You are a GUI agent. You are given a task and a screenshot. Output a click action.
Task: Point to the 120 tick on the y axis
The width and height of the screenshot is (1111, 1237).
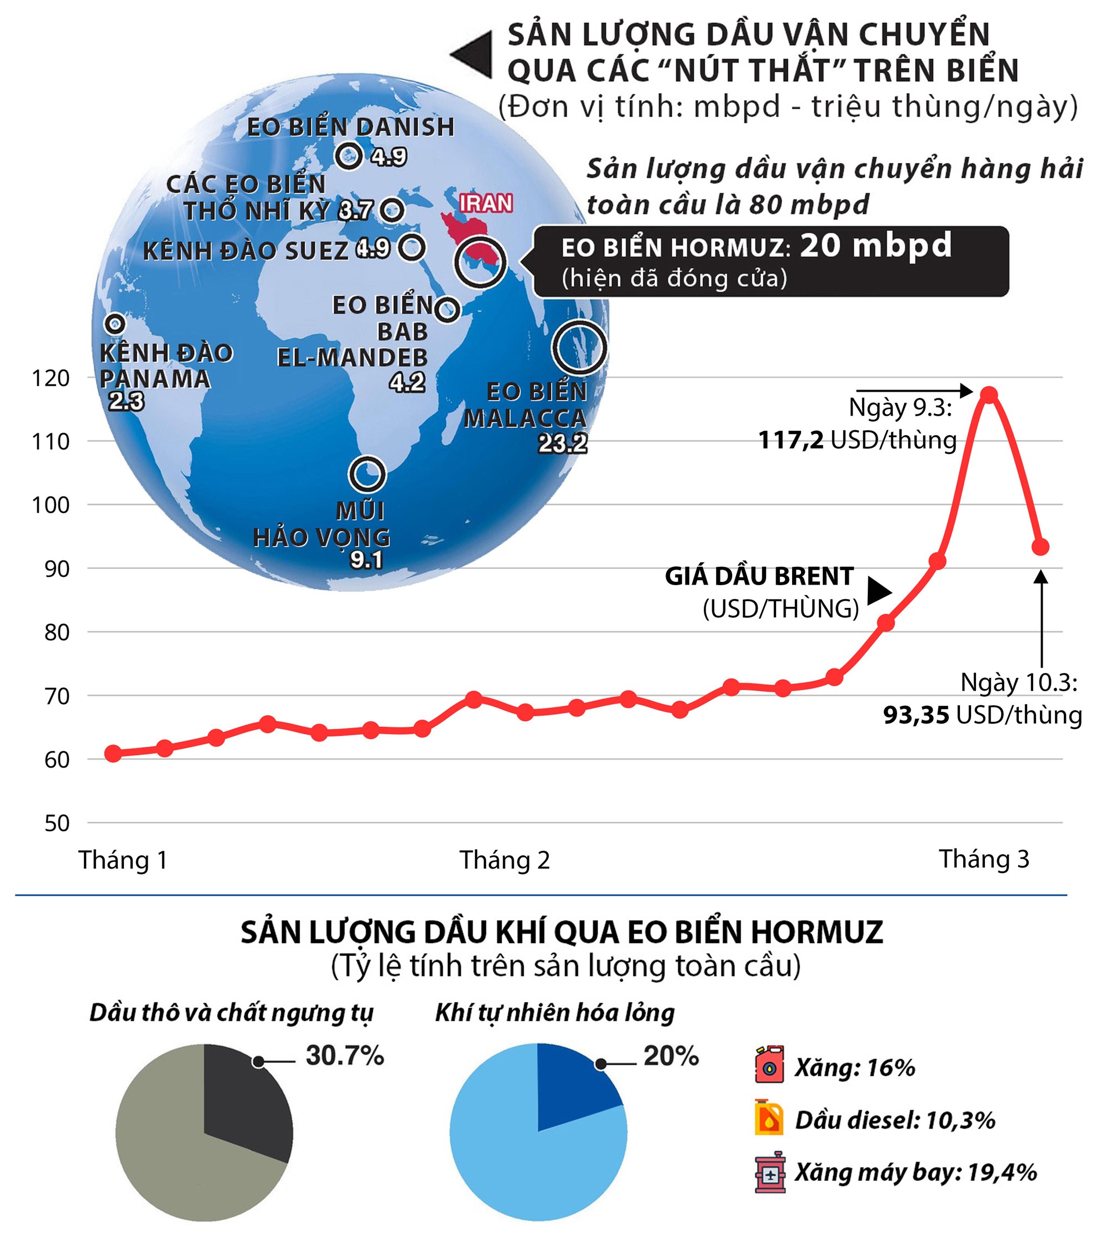point(51,378)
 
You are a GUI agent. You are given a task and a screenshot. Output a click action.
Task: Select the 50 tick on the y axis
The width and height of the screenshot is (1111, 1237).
point(57,824)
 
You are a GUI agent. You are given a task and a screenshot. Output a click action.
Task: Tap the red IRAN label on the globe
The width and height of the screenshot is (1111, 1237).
point(486,203)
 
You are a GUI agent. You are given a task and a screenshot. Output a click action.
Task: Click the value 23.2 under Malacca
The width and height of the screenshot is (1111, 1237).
point(562,444)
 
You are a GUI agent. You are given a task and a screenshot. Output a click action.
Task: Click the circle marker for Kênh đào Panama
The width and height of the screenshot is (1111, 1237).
point(115,323)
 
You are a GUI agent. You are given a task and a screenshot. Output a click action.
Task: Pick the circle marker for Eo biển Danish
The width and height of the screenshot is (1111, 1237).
point(349,156)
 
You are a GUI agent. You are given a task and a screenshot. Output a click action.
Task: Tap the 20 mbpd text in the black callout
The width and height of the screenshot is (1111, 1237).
point(875,246)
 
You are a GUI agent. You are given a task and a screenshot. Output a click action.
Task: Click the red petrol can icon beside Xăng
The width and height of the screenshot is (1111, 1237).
point(769,1066)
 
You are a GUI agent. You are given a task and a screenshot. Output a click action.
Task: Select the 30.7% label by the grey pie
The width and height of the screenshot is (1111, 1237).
point(345,1056)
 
